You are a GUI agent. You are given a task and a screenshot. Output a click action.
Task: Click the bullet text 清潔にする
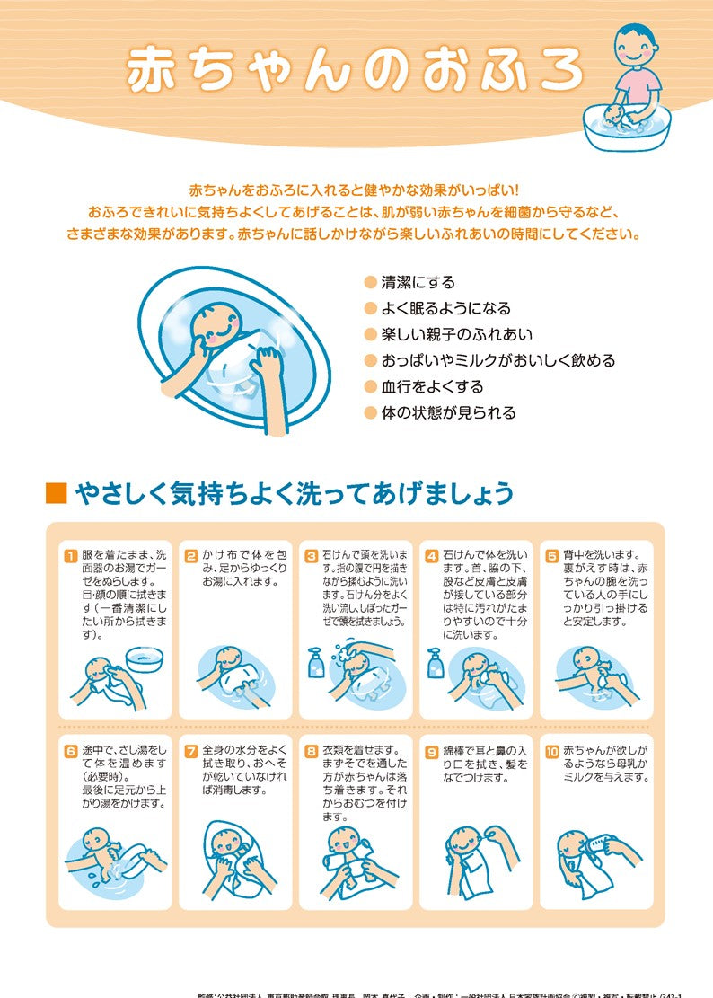418,282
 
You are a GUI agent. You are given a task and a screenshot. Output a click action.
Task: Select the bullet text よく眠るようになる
445,308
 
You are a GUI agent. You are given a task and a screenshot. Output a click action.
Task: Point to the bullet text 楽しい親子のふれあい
456,334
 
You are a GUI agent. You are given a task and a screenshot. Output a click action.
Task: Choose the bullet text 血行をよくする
432,386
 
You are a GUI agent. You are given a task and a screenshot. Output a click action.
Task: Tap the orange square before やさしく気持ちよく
56,493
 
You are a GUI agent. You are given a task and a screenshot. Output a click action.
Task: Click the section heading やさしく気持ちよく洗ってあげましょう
295,493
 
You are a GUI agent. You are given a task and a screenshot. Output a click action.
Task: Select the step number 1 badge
70,555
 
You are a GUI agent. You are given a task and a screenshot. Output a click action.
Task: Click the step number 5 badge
551,555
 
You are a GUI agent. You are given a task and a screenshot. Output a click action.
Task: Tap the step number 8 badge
311,750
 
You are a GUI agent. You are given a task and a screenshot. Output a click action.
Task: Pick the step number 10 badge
552,750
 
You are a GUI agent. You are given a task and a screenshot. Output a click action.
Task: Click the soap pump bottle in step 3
315,664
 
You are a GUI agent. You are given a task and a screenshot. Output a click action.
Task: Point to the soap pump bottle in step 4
436,664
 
